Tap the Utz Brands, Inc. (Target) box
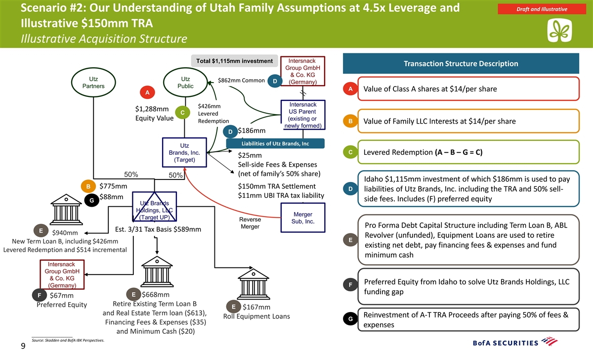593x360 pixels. [x=184, y=152]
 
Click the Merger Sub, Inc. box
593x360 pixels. [x=303, y=218]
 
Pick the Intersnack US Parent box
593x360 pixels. [x=303, y=115]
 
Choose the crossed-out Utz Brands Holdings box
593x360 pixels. [x=154, y=207]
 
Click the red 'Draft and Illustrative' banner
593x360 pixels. [x=542, y=9]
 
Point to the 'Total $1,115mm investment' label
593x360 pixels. [x=234, y=61]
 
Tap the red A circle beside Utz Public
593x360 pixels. [x=147, y=92]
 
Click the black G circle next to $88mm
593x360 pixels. [x=91, y=201]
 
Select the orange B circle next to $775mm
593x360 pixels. [x=88, y=186]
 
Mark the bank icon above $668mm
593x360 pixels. [x=157, y=271]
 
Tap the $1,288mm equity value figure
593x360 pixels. [x=152, y=109]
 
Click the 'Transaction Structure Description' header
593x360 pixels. [x=461, y=64]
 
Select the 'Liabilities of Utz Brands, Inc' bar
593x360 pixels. [x=275, y=143]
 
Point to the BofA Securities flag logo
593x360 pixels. [x=550, y=342]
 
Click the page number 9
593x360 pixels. [x=23, y=346]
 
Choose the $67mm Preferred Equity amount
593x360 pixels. [x=62, y=295]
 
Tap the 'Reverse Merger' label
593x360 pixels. [x=250, y=223]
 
